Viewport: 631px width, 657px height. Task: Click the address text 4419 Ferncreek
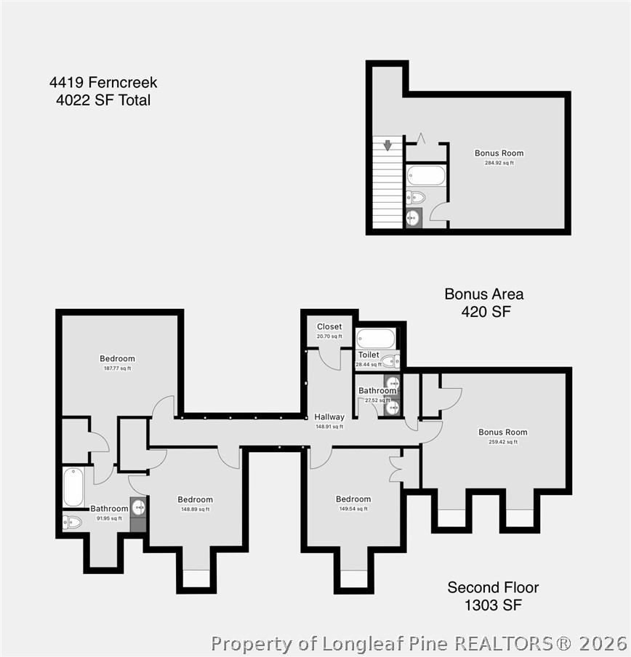[103, 82]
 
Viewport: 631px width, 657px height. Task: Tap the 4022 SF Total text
[103, 100]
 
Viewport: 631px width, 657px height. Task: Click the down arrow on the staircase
[387, 145]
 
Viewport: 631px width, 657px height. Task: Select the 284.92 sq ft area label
[499, 163]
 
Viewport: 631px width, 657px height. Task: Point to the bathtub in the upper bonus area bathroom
[426, 176]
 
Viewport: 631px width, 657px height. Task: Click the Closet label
[329, 326]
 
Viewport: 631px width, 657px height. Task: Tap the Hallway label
[329, 417]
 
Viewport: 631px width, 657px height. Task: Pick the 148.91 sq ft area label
[329, 427]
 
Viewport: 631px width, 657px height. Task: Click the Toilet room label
[369, 355]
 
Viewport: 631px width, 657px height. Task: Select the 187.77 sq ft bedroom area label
[117, 368]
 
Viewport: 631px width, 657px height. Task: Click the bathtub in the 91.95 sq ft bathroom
[73, 488]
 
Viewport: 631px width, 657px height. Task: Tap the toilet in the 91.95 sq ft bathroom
[72, 522]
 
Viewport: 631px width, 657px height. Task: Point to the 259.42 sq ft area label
[503, 442]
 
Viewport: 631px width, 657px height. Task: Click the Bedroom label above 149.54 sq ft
[353, 499]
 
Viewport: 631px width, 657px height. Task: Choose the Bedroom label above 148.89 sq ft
[196, 499]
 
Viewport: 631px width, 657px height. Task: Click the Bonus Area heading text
[484, 294]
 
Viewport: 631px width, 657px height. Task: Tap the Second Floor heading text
[493, 587]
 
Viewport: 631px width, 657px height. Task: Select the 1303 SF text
[493, 605]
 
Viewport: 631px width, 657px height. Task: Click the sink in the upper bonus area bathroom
[414, 218]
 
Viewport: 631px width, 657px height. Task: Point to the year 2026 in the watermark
[603, 643]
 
